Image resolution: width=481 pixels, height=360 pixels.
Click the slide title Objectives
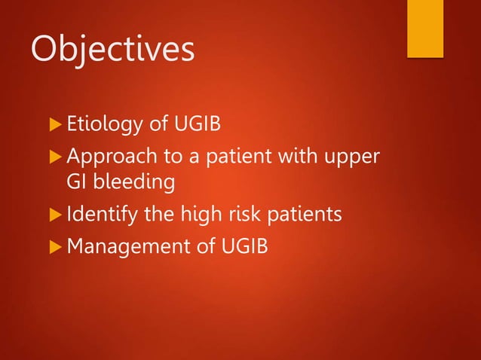[112, 50]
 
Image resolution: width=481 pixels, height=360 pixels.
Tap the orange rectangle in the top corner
[425, 28]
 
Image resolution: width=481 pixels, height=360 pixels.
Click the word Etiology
[100, 123]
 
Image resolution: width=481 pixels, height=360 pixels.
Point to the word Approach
[106, 154]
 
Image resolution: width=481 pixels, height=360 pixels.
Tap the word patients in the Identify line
[305, 215]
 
